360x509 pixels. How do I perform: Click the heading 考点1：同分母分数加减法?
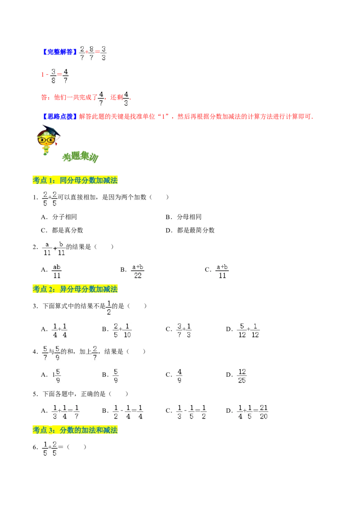coord(75,180)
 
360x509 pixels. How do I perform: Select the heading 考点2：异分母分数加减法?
coord(75,289)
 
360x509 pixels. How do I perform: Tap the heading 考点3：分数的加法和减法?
coord(75,430)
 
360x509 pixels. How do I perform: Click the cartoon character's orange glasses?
coord(46,140)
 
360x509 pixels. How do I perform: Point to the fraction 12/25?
coord(242,376)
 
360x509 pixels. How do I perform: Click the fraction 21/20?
coord(264,412)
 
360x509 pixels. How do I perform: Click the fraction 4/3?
coord(126,98)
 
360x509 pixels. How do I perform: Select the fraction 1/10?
coord(128,330)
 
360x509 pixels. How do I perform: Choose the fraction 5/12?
coord(242,330)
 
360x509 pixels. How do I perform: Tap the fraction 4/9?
coord(180,376)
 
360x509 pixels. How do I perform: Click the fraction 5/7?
coord(45,353)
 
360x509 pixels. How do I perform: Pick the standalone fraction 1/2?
coord(109,308)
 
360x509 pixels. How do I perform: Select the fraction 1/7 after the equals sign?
coord(77,412)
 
